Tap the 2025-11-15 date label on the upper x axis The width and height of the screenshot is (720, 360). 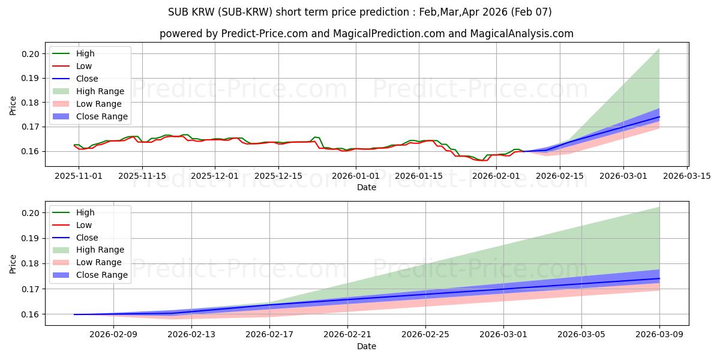tap(142, 176)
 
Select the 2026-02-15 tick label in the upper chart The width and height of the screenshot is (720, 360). tap(560, 176)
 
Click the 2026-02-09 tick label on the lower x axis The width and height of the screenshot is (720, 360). tap(113, 335)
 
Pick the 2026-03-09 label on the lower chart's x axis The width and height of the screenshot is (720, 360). tap(660, 335)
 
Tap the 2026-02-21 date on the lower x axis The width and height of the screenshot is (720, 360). tap(347, 335)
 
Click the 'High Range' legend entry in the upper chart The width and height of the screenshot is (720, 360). tap(98, 91)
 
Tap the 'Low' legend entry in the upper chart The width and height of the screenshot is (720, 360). tap(85, 66)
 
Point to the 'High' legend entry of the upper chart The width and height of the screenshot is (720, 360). tap(85, 53)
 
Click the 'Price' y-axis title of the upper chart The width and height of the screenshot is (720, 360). tap(13, 106)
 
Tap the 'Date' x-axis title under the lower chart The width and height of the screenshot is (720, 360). tap(367, 346)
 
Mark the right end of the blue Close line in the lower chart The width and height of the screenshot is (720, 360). tap(659, 278)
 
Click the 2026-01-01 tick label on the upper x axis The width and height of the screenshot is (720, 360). tap(356, 176)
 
